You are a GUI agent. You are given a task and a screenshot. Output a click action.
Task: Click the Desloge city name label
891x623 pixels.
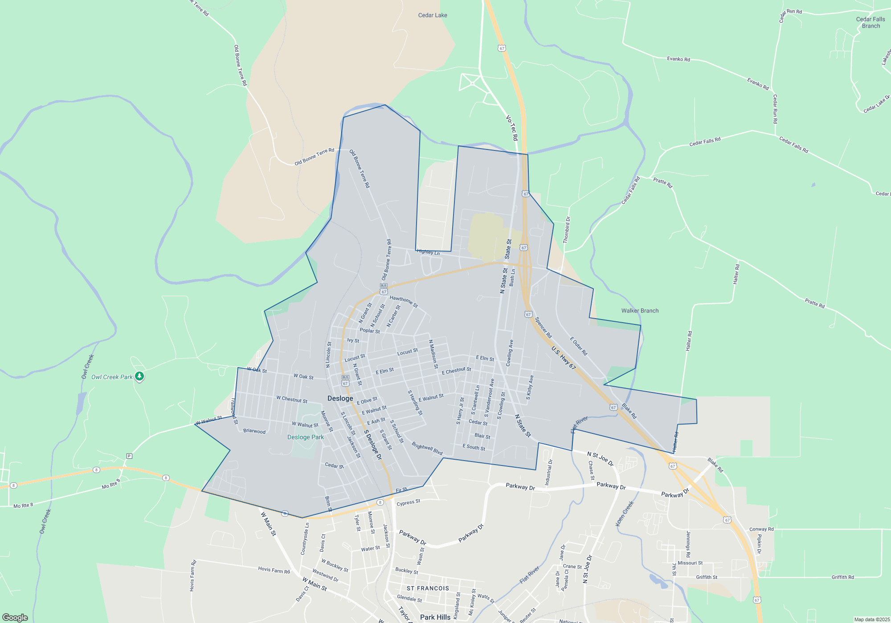(x=340, y=398)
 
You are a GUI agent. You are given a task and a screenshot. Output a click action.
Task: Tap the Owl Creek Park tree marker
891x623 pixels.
(x=139, y=376)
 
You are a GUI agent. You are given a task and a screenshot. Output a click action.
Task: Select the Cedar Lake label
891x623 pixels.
(x=432, y=15)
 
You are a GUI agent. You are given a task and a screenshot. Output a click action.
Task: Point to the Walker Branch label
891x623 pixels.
(x=640, y=311)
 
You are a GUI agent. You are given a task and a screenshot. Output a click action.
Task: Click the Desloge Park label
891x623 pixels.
(x=306, y=437)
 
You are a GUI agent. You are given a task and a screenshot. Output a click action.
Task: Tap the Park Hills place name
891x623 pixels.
(x=435, y=617)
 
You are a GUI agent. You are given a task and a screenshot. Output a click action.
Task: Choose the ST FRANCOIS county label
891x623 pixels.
(x=428, y=588)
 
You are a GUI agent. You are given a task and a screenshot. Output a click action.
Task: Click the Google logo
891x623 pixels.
(x=15, y=617)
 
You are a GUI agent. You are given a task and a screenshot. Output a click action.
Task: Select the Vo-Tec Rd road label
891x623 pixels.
(x=512, y=128)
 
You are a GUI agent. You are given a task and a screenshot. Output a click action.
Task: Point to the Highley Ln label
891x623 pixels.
(x=428, y=252)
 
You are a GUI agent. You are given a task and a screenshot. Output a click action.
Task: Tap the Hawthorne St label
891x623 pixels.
(x=404, y=302)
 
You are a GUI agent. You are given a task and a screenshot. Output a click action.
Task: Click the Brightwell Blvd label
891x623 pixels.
(x=427, y=449)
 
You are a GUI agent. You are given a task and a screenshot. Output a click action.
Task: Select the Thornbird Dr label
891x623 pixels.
(x=567, y=230)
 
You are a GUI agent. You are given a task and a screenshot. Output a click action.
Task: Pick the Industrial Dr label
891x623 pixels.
(x=548, y=473)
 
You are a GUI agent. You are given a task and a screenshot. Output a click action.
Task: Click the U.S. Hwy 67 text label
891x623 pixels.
(x=564, y=358)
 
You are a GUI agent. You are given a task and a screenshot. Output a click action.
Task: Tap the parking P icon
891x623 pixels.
(x=129, y=456)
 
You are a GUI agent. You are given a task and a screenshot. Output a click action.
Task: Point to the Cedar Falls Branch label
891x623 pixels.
(x=871, y=22)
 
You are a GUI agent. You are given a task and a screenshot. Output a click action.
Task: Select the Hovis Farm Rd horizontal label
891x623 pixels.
(x=274, y=570)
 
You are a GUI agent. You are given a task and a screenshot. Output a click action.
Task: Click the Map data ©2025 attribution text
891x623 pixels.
(x=871, y=619)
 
